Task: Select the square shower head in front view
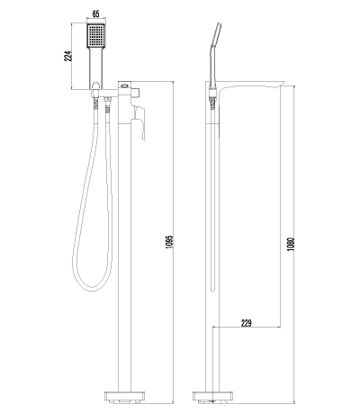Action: coord(95,40)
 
